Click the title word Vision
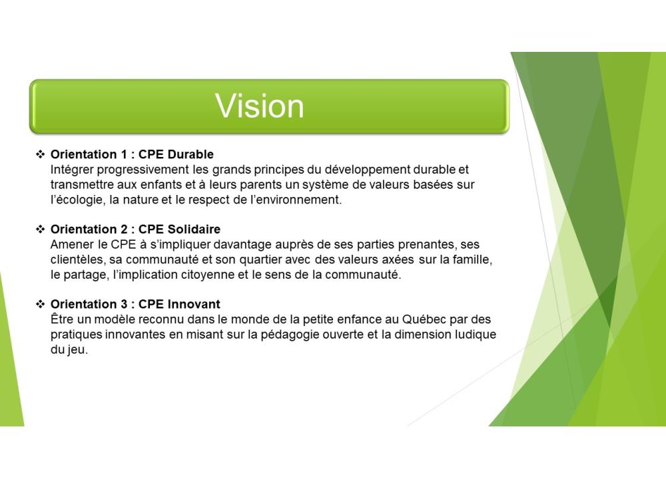pyautogui.click(x=260, y=106)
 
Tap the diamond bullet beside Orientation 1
pyautogui.click(x=41, y=154)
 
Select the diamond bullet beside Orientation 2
pyautogui.click(x=41, y=229)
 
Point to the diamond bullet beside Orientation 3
pyautogui.click(x=41, y=304)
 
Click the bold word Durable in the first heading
pyautogui.click(x=190, y=154)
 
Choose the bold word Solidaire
pyautogui.click(x=194, y=229)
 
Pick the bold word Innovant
pyautogui.click(x=194, y=304)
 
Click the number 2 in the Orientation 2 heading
pyautogui.click(x=124, y=229)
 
